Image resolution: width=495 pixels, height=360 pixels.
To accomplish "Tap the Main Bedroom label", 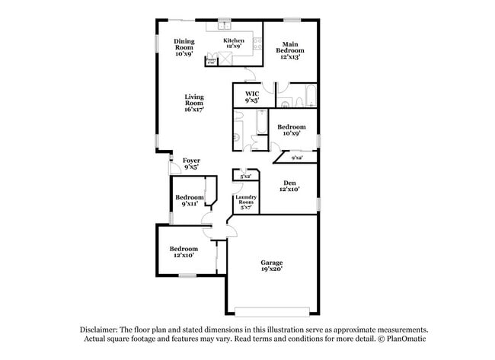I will pos(290,50).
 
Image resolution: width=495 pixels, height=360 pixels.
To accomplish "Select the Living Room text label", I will pos(193,103).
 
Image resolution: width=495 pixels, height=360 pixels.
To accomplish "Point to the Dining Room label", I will pos(184,47).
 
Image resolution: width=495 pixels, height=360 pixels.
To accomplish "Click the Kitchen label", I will pos(233,43).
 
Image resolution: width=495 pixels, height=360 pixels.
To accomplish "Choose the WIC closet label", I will pos(252,97).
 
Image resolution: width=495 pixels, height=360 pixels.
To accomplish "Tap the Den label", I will pos(289,186).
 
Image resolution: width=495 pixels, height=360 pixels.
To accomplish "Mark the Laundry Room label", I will pos(246,201).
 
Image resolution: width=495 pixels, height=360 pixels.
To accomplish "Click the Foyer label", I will pos(191,164).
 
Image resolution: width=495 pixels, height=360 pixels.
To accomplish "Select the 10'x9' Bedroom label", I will pos(291,129).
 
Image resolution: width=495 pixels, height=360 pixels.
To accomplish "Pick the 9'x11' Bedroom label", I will pos(190,200).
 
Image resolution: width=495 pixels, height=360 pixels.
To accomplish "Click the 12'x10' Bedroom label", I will pos(184,252).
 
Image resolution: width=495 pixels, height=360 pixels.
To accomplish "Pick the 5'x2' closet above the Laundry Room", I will pos(245,176).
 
